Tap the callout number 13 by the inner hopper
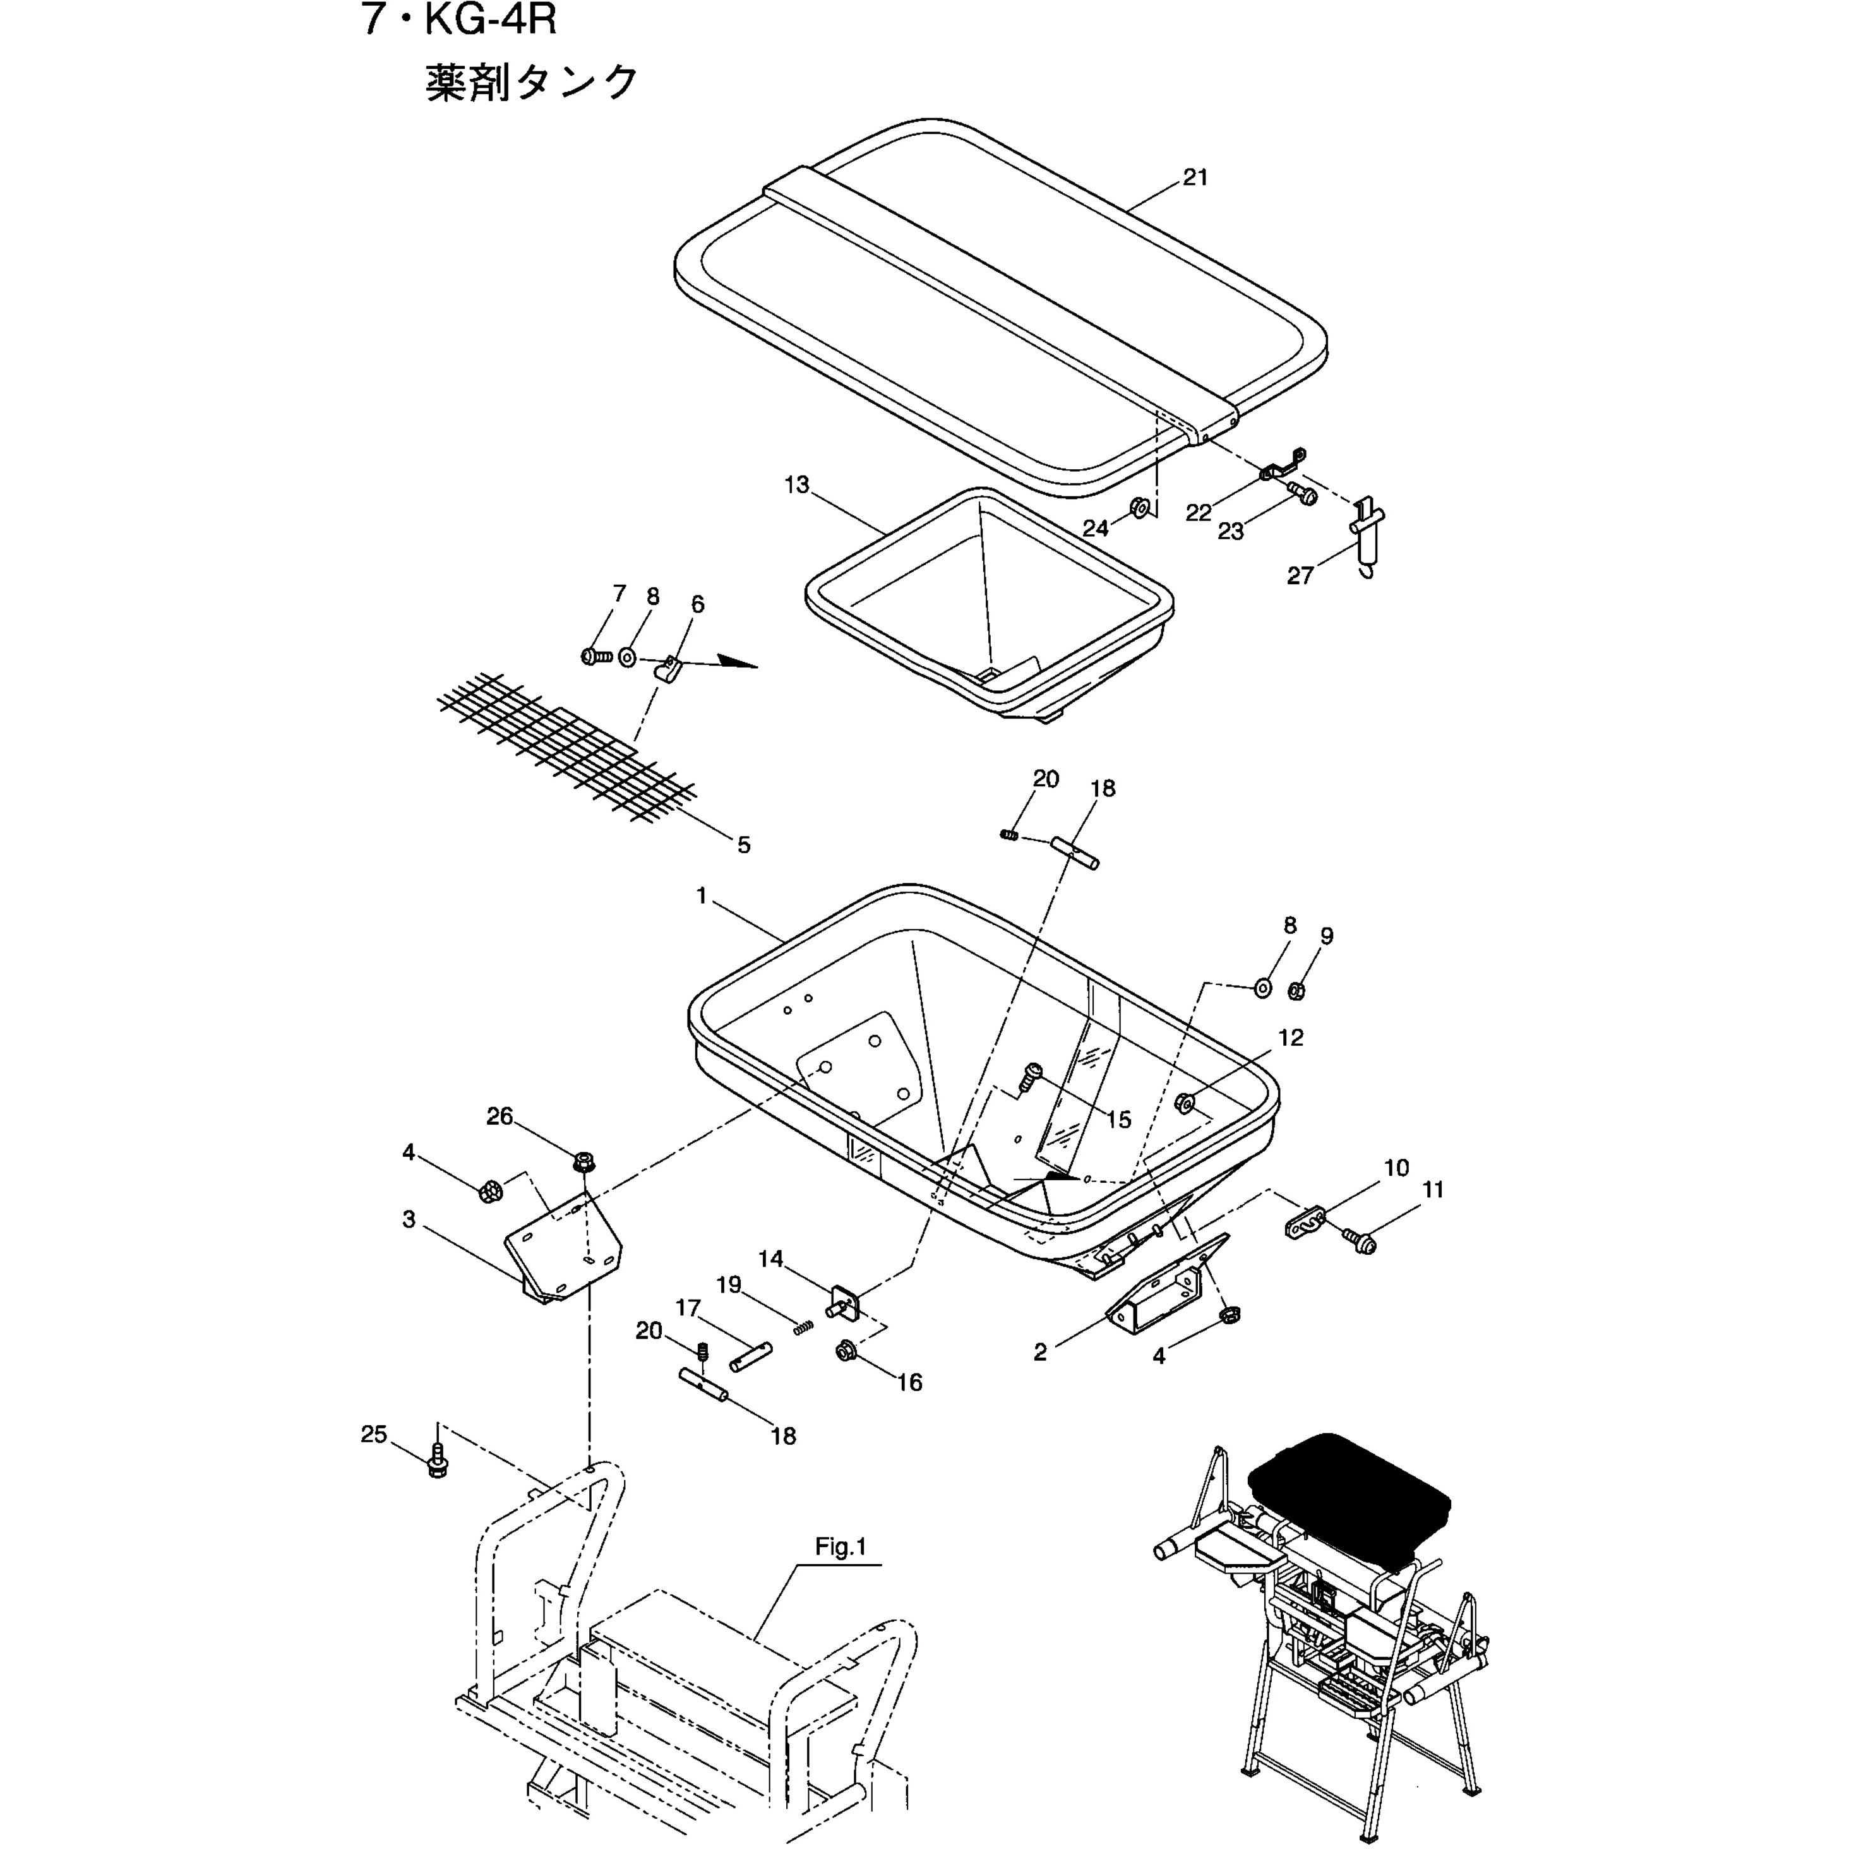(x=796, y=485)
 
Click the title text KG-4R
(x=489, y=20)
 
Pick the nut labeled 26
(x=582, y=1163)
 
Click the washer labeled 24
(x=1140, y=507)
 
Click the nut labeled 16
(x=845, y=1351)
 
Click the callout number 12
(x=1290, y=1038)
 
